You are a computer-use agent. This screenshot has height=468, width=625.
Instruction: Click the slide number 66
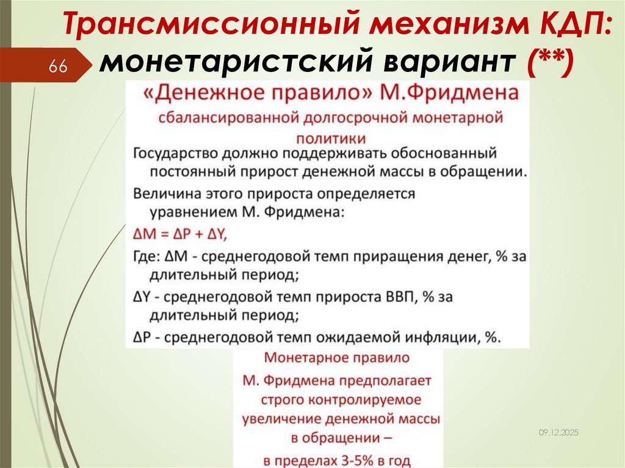pyautogui.click(x=58, y=67)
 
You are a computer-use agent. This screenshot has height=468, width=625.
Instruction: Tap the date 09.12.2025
pyautogui.click(x=558, y=432)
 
